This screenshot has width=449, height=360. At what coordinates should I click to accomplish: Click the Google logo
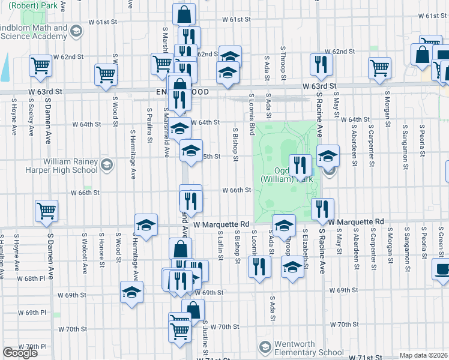coord(20,353)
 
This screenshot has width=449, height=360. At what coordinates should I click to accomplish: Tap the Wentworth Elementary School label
coord(309,347)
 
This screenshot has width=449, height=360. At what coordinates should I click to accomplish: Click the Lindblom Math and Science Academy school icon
coord(76,31)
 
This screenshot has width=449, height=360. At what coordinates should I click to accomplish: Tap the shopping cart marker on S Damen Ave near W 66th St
coord(46,211)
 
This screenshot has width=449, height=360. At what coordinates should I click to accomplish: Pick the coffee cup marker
coord(442,268)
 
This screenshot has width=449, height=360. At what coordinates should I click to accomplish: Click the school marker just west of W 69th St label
coord(131,292)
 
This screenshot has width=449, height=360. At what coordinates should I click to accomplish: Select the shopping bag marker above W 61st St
coord(184,13)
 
